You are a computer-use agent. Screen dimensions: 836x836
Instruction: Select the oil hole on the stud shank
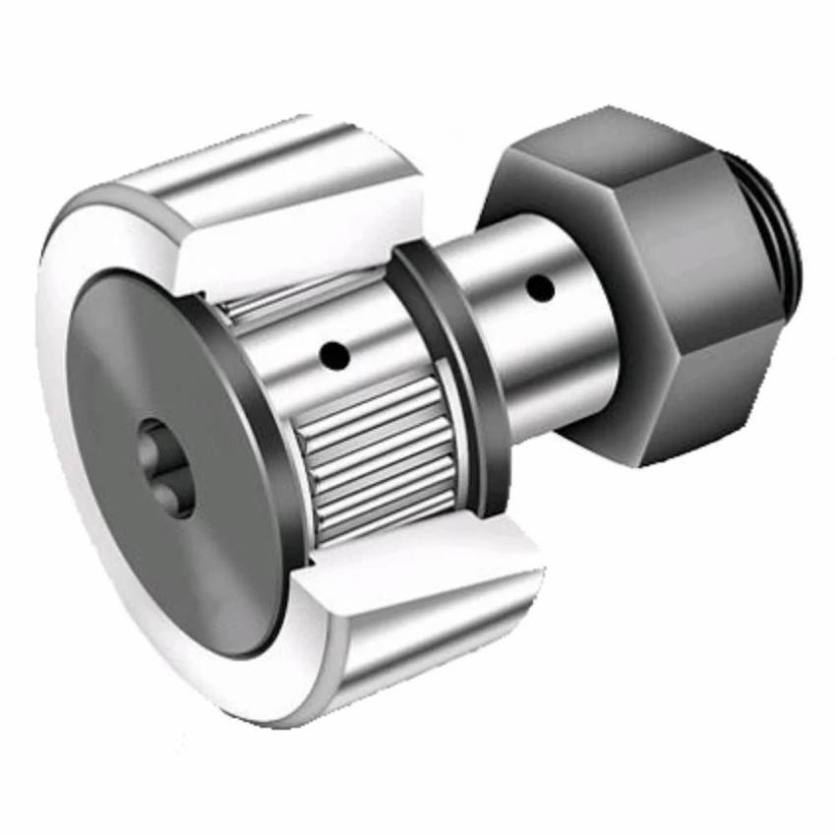click(x=538, y=287)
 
